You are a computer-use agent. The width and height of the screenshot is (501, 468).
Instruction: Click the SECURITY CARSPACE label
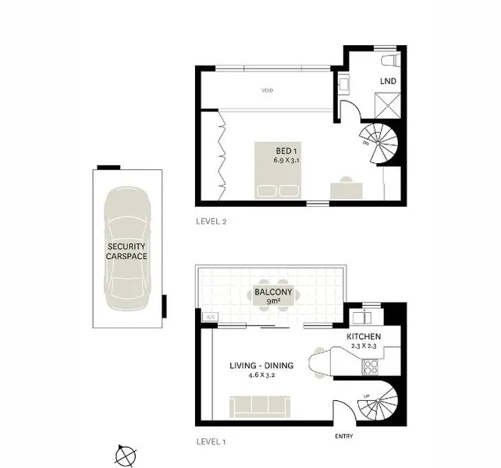pos(127,250)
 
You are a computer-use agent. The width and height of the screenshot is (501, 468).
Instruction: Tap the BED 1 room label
pos(286,151)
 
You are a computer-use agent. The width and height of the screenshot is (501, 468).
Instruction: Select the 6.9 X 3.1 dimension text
pos(286,160)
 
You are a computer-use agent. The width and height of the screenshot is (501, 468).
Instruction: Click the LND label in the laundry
pos(387,80)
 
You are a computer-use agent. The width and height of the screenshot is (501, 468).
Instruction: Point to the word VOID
pos(268,90)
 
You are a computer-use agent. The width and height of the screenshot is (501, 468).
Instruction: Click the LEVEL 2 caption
pos(211,222)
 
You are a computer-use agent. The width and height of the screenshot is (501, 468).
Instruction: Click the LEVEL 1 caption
pos(211,441)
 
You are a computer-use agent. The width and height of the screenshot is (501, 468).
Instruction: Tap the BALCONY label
pos(274,292)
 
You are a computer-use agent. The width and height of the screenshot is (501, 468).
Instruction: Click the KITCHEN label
pos(364,338)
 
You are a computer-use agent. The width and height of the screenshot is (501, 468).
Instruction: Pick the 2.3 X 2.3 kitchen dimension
pos(364,347)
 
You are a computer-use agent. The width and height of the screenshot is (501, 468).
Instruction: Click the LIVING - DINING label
pos(261,366)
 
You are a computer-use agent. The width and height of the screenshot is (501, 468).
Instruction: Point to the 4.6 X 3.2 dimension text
pos(261,376)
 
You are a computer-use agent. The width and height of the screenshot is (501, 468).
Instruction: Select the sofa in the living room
pos(260,406)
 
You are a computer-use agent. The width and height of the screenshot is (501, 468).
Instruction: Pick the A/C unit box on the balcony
pos(209,317)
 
